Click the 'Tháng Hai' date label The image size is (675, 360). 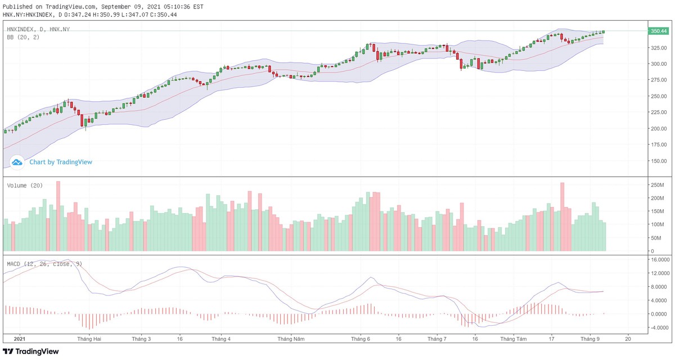[x=89, y=339]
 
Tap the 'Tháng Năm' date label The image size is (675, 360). [x=291, y=339]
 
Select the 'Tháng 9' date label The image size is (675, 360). [x=589, y=339]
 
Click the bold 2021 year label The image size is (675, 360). [x=20, y=339]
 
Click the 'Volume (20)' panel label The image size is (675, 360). [x=25, y=186]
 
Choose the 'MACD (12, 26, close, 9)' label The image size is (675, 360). [x=44, y=263]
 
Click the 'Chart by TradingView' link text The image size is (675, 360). [x=61, y=162]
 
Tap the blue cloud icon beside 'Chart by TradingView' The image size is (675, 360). [x=17, y=162]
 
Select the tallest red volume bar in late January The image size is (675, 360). [x=58, y=216]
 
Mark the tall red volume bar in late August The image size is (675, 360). [x=562, y=217]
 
